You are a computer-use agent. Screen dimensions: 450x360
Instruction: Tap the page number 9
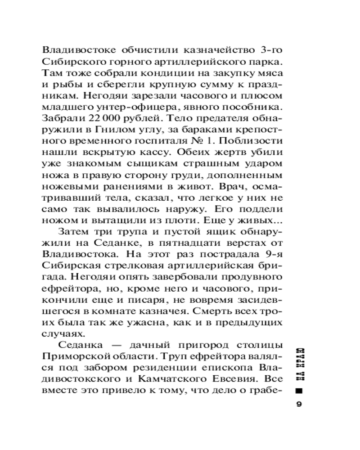[x=299, y=404]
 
